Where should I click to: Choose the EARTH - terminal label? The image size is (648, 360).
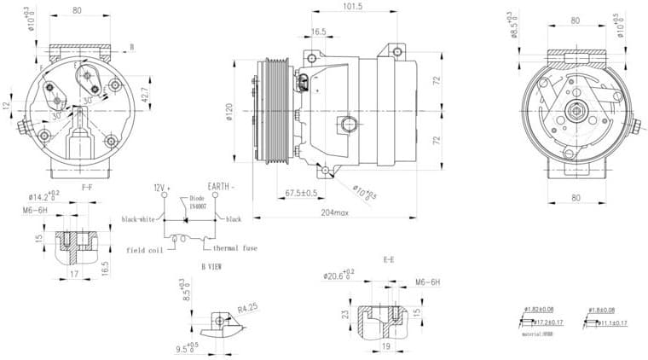point(221,186)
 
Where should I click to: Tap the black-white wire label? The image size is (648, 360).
point(138,219)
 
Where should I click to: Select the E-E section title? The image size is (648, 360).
point(388,258)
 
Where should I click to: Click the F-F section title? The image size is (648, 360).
point(87,186)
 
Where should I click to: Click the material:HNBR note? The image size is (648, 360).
point(539,335)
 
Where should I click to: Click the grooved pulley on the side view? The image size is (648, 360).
point(275,111)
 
